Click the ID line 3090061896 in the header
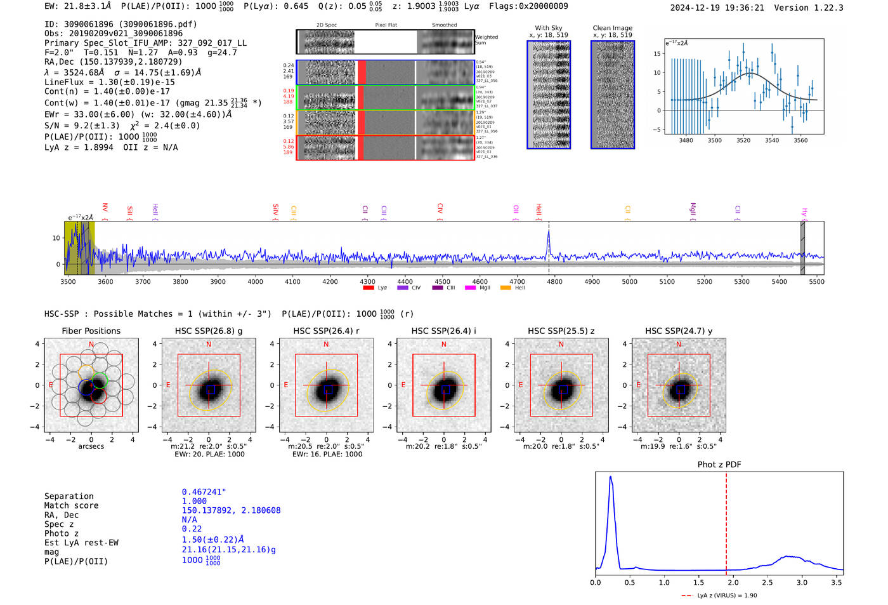click(121, 24)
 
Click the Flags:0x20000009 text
click(528, 6)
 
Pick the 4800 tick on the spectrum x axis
click(554, 281)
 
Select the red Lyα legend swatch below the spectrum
click(368, 288)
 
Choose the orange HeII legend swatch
click(506, 288)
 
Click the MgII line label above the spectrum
click(693, 209)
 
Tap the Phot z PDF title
click(719, 465)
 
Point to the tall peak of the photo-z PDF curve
click(610, 477)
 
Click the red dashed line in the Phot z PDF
click(726, 521)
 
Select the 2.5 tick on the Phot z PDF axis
click(767, 582)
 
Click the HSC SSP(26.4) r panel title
click(326, 331)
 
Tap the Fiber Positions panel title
click(91, 331)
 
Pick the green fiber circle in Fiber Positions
click(100, 380)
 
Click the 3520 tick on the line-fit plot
click(743, 140)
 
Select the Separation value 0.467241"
click(204, 492)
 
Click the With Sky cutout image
click(549, 95)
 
